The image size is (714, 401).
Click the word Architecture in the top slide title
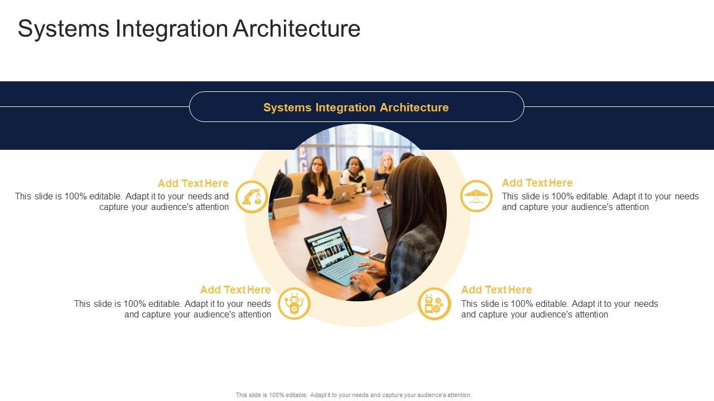pyautogui.click(x=296, y=29)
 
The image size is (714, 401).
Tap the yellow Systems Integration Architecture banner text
pyautogui.click(x=356, y=107)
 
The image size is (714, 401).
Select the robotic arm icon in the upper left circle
pyautogui.click(x=252, y=197)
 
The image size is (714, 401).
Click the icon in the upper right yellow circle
pyautogui.click(x=476, y=196)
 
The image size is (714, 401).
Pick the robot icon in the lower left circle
pyautogui.click(x=294, y=304)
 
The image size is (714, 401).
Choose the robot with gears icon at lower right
pyautogui.click(x=434, y=304)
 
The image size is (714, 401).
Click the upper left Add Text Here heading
pyautogui.click(x=193, y=184)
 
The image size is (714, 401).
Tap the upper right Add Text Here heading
pyautogui.click(x=537, y=183)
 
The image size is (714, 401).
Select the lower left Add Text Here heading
pyautogui.click(x=235, y=290)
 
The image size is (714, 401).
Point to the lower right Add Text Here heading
pyautogui.click(x=496, y=290)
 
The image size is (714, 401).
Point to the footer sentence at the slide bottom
pyautogui.click(x=354, y=395)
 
